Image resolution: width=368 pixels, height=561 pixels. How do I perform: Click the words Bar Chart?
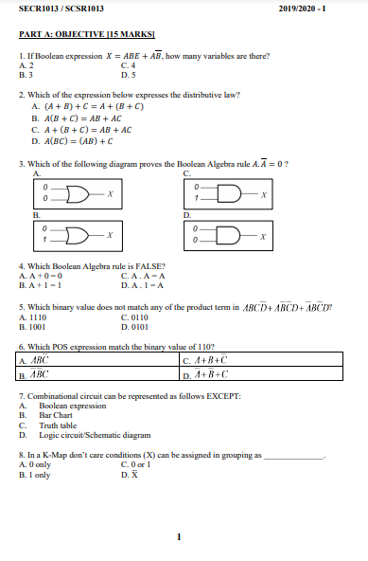(58, 415)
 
